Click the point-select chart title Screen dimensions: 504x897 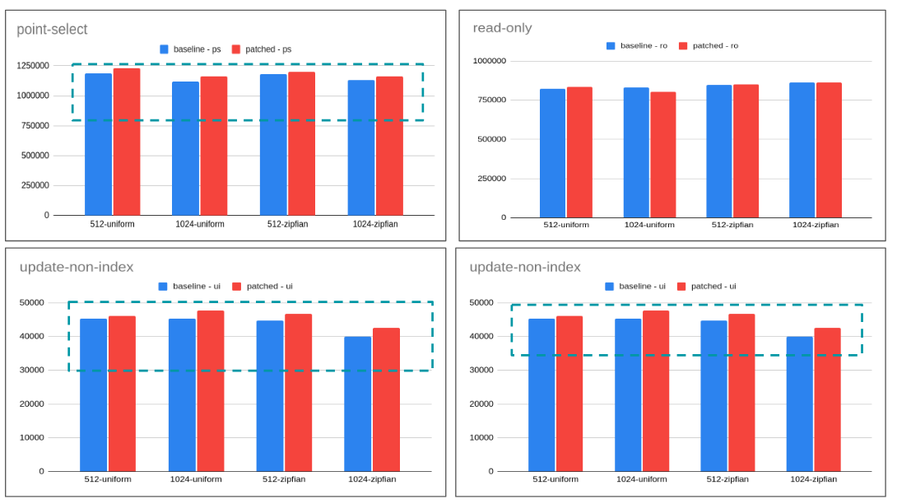(x=52, y=30)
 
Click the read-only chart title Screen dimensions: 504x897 (x=502, y=28)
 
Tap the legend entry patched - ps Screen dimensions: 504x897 (x=261, y=49)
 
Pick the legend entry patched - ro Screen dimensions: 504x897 (x=708, y=46)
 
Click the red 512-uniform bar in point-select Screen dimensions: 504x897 (x=127, y=142)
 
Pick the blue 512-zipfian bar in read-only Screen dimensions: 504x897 (x=718, y=152)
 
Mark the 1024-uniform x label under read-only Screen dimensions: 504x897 (x=649, y=225)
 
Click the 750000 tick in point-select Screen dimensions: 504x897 (x=35, y=125)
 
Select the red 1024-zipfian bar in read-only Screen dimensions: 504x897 (x=829, y=150)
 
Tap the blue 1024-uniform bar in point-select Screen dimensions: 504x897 (x=185, y=148)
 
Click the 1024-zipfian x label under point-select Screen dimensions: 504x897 (x=375, y=224)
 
